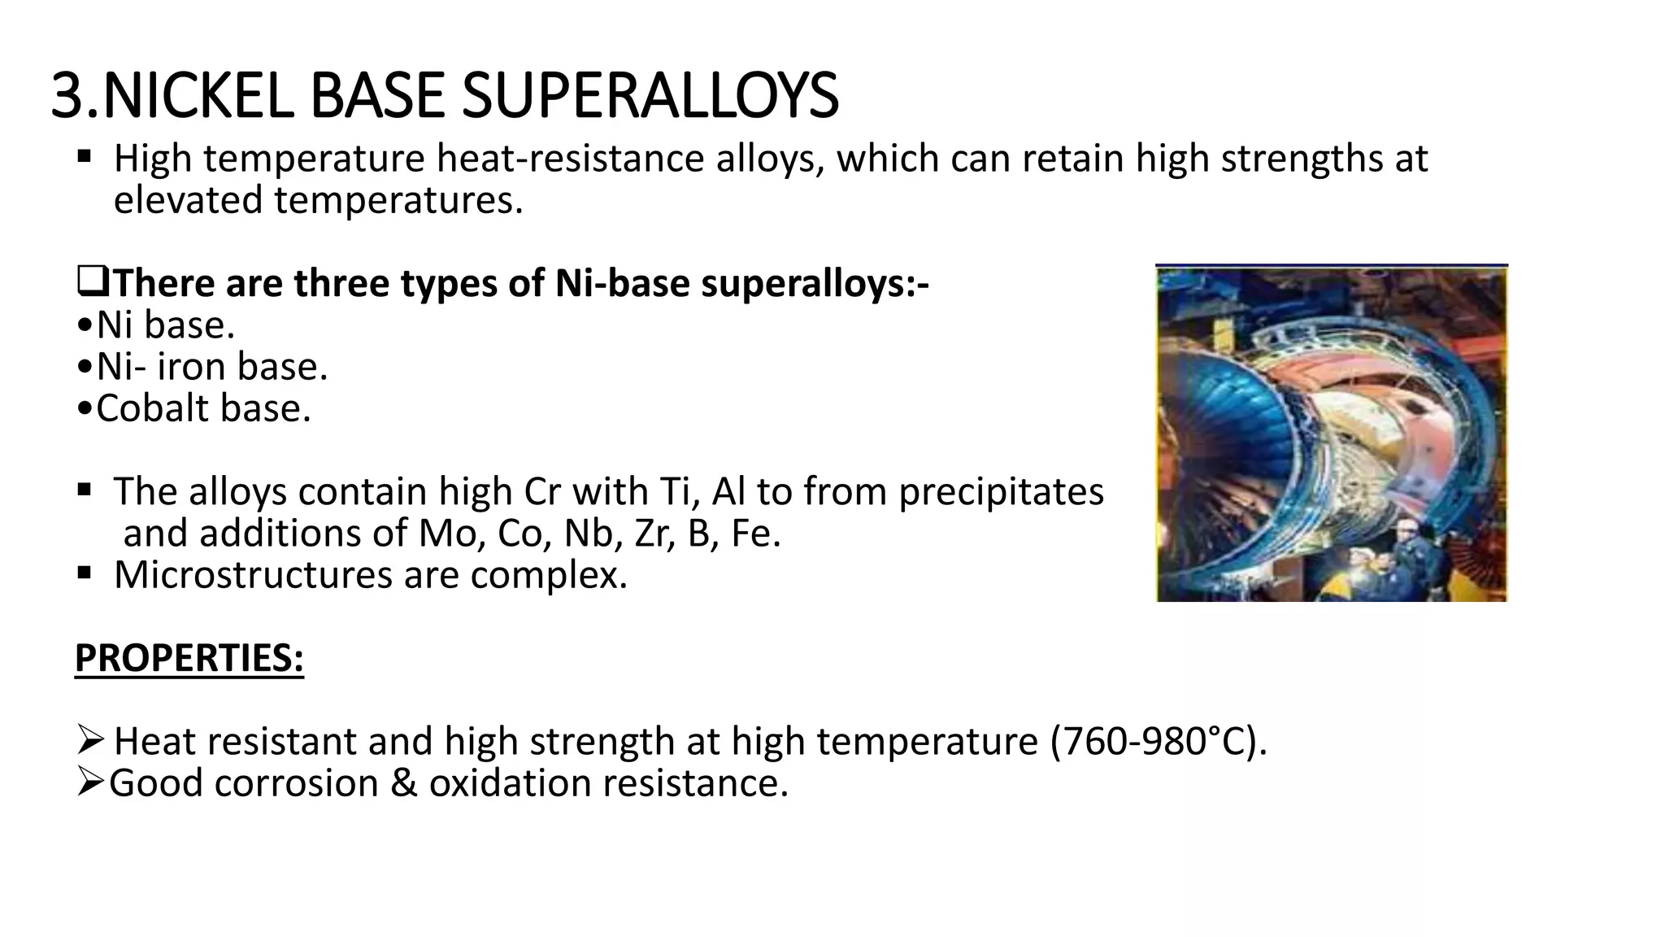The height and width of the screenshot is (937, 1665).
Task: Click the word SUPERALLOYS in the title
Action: [650, 96]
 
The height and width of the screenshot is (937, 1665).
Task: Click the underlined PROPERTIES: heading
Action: [189, 658]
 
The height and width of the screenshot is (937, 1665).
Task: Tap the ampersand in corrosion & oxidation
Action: [404, 783]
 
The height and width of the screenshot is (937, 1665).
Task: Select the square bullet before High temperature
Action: [85, 155]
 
